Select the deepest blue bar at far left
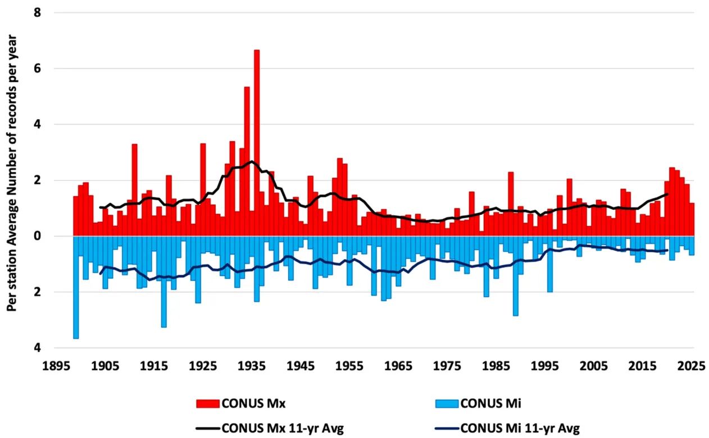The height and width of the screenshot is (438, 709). click(x=76, y=287)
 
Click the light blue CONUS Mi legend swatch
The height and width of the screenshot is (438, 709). click(x=447, y=403)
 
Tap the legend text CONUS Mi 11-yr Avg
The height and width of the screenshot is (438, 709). click(x=520, y=428)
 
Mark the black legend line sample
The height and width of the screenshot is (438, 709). click(x=208, y=428)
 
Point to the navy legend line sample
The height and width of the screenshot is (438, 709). click(x=447, y=428)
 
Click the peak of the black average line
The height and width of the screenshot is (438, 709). click(x=251, y=161)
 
